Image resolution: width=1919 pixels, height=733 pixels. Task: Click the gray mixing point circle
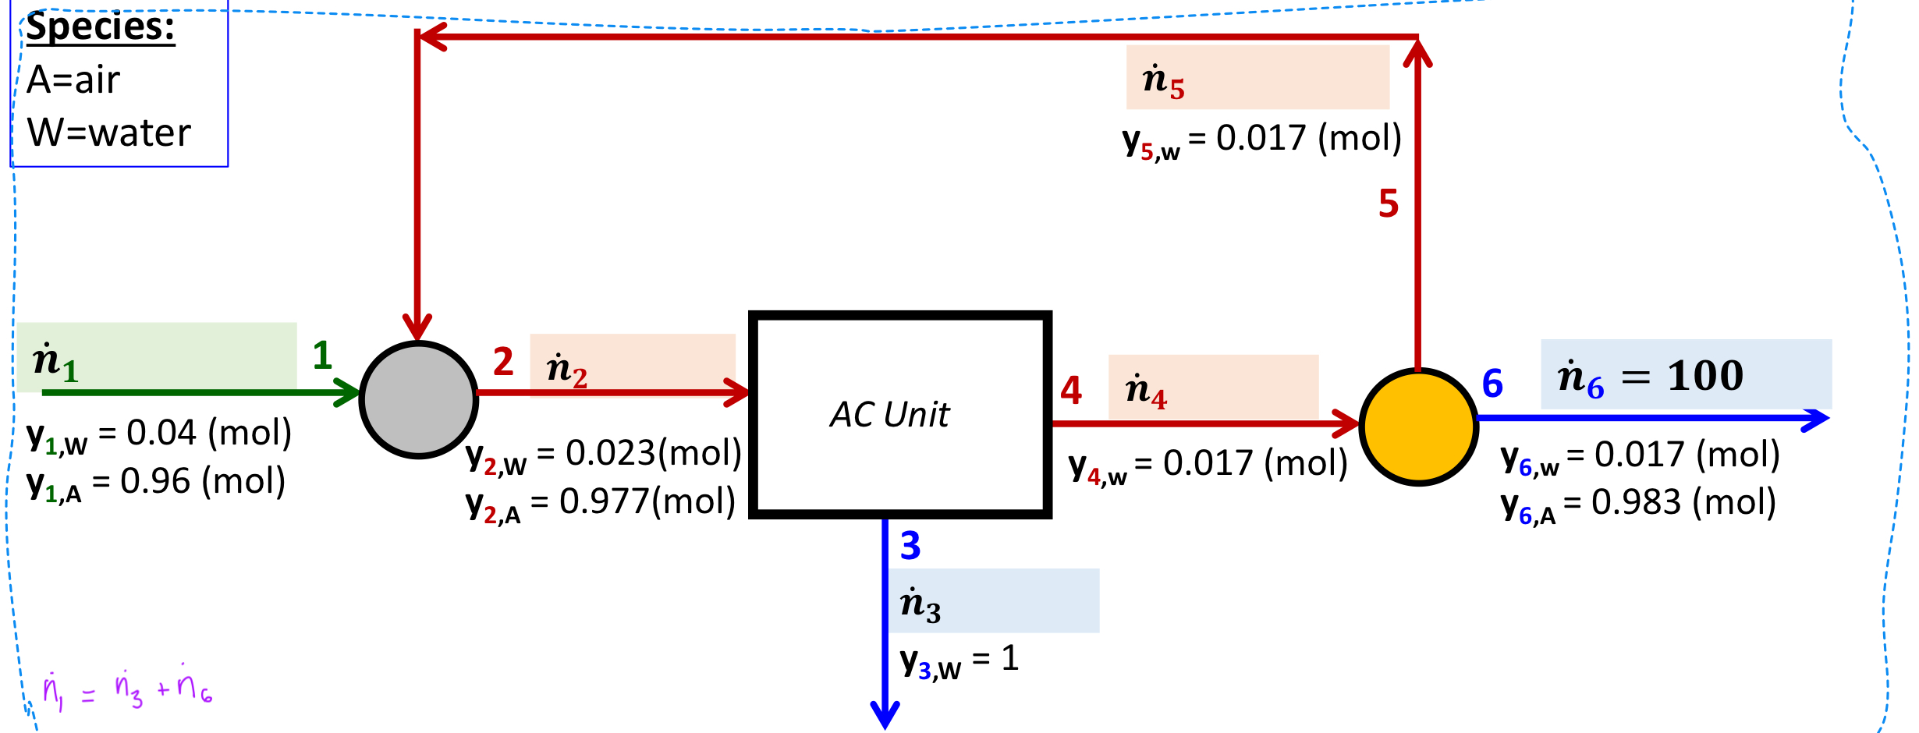click(x=419, y=399)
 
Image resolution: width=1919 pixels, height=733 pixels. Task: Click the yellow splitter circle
click(x=1418, y=427)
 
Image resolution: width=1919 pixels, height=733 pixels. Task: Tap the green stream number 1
click(x=322, y=356)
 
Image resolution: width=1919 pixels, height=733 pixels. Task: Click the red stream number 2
click(x=503, y=362)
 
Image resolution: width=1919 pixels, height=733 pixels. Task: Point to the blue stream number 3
click(x=910, y=546)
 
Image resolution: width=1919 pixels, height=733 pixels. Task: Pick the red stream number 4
click(x=1071, y=390)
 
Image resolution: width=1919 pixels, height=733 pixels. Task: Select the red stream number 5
click(x=1389, y=204)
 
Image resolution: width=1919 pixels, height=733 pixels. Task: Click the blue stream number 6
click(x=1492, y=384)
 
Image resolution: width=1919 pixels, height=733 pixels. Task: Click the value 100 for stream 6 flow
click(x=1705, y=376)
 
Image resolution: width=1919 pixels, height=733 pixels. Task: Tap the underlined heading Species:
click(x=101, y=27)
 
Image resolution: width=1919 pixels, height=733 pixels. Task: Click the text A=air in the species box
click(x=73, y=80)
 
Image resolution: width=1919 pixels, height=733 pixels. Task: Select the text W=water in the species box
click(x=109, y=133)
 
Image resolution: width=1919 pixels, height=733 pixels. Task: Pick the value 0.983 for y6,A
click(x=1636, y=502)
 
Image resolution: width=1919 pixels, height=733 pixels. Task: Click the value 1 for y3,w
click(x=1009, y=659)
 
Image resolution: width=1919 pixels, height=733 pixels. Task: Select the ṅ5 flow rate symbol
click(x=1163, y=80)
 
